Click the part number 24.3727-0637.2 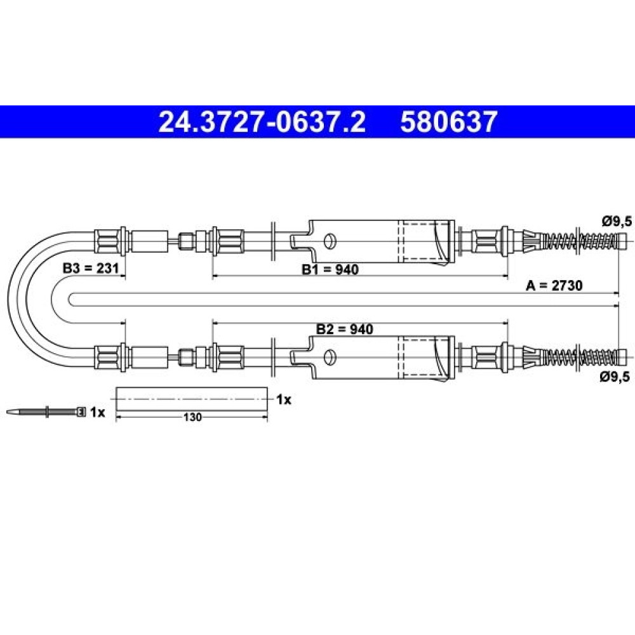[x=262, y=122]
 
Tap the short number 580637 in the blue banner [x=449, y=122]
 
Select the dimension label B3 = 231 [x=91, y=268]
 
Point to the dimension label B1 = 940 [x=330, y=269]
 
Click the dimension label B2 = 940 [x=345, y=329]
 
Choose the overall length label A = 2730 [x=554, y=286]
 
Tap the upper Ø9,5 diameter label [x=617, y=222]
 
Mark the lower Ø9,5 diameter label [x=615, y=377]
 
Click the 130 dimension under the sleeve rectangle [x=192, y=417]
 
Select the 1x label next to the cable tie [x=97, y=412]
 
